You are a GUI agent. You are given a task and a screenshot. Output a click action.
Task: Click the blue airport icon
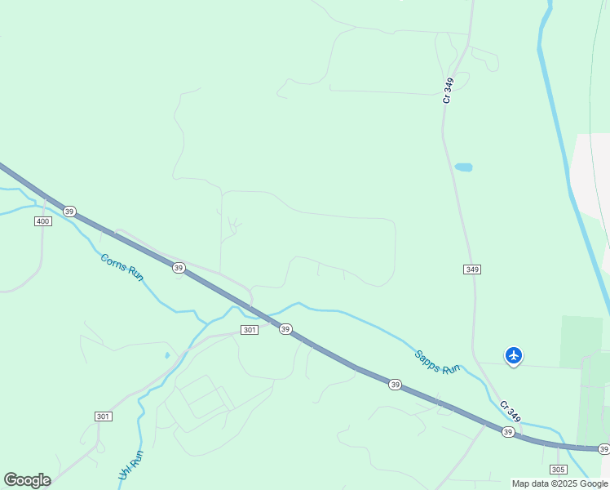[514, 355]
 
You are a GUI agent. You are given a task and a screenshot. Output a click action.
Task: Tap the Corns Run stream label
[122, 267]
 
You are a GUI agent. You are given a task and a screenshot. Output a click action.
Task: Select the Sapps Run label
[437, 362]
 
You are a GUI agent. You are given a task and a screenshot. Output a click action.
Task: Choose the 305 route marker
[559, 470]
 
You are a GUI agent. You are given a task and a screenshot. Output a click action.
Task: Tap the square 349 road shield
[471, 269]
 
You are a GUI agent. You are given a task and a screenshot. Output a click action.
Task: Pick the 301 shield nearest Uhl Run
[103, 416]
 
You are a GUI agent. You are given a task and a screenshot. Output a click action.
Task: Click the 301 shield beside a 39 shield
[250, 330]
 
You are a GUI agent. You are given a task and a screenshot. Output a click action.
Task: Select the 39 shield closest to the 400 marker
[69, 212]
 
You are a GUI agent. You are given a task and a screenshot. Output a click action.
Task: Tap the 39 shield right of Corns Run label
[178, 268]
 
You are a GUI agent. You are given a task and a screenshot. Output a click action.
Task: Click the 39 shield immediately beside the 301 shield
[285, 328]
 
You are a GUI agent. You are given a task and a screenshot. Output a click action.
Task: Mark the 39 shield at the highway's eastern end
[603, 449]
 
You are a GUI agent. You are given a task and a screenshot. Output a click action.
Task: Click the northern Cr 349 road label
[448, 90]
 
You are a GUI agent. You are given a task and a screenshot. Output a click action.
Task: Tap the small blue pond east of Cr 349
[463, 167]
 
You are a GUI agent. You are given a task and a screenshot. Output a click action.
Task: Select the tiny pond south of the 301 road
[167, 355]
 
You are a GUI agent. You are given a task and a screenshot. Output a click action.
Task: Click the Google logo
[27, 480]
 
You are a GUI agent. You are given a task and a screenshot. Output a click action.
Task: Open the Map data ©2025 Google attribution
[560, 483]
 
